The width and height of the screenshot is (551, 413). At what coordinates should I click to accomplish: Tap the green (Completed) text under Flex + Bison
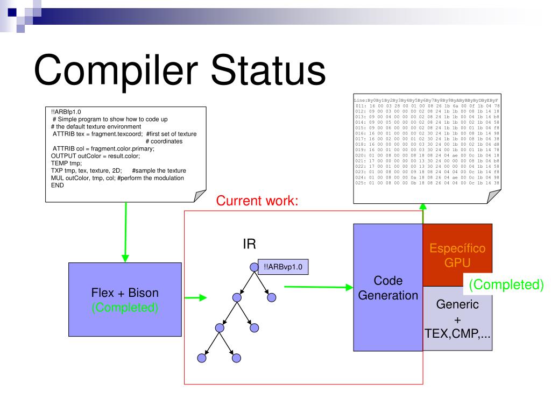click(x=125, y=308)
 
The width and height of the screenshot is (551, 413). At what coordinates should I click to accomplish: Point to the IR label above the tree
click(x=249, y=245)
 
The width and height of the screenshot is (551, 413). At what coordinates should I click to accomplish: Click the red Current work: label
click(x=257, y=201)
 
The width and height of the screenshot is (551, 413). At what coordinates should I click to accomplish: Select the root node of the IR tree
click(x=255, y=266)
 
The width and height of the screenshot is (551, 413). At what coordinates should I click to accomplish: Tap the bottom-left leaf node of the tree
click(x=202, y=357)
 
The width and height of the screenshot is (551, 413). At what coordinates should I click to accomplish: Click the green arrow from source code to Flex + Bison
click(x=125, y=231)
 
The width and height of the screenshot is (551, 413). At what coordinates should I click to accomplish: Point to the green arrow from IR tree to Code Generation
click(x=317, y=287)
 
